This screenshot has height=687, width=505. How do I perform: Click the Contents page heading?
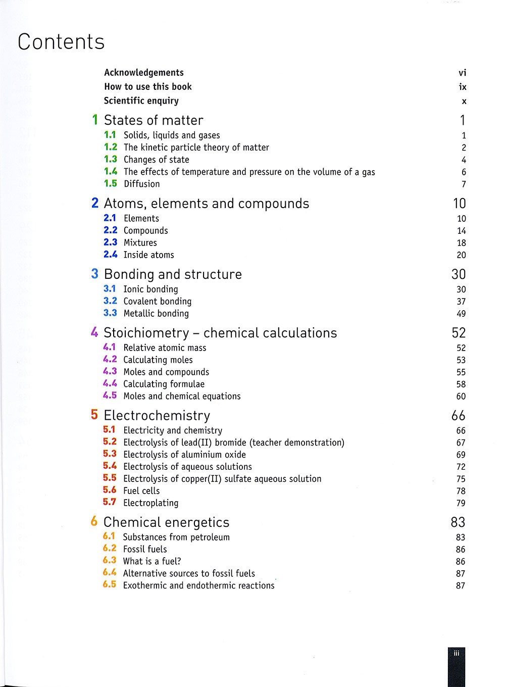[x=61, y=42]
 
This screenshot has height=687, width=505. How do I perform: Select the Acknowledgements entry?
[x=144, y=73]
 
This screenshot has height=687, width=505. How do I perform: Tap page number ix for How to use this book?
[x=463, y=87]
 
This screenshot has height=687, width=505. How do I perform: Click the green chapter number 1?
[x=95, y=120]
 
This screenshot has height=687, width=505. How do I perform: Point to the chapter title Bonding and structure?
[x=173, y=274]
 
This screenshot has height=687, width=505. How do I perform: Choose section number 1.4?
[x=110, y=172]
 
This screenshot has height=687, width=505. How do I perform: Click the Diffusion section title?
[x=142, y=184]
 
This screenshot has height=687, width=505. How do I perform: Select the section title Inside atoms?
[x=149, y=255]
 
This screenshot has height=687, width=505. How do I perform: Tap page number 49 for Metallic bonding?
[x=461, y=314]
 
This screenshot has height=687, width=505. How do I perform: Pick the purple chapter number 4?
[x=94, y=333]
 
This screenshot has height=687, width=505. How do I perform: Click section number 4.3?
[x=110, y=372]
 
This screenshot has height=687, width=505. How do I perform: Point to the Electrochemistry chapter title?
[x=157, y=416]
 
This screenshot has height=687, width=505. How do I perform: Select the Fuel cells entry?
[x=141, y=491]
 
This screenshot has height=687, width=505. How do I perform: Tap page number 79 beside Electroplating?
[x=461, y=503]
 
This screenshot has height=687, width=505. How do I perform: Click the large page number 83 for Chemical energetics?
[x=458, y=522]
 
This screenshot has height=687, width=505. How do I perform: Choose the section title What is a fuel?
[x=152, y=561]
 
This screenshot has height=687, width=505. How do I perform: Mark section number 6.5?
[x=109, y=585]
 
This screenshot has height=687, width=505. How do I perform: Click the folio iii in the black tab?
[x=457, y=653]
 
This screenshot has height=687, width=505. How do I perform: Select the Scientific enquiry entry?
[x=141, y=101]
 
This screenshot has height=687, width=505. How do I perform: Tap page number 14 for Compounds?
[x=462, y=231]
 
